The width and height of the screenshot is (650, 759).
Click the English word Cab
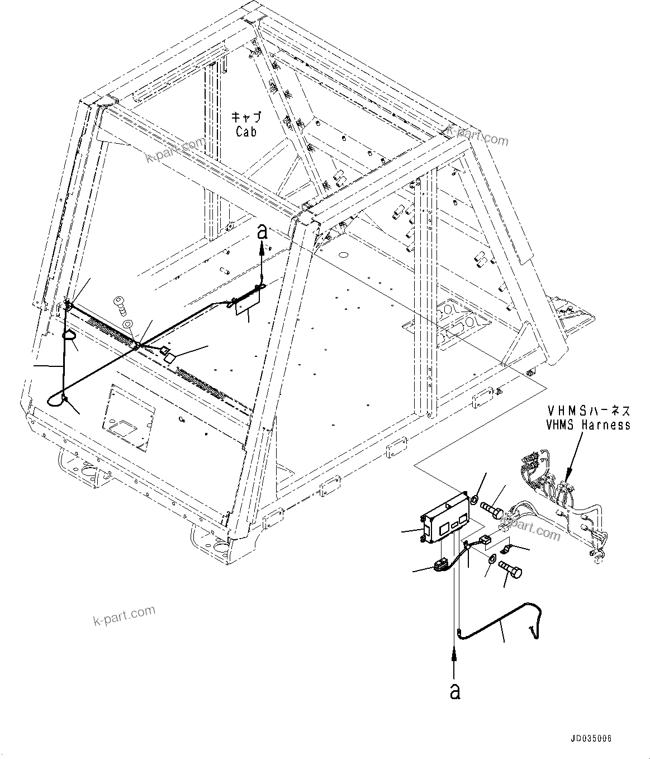pyautogui.click(x=246, y=132)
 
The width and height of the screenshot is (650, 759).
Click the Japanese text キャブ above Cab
pyautogui.click(x=246, y=118)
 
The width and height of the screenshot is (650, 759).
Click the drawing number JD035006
pyautogui.click(x=592, y=739)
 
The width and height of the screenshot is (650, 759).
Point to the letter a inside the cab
pyautogui.click(x=262, y=232)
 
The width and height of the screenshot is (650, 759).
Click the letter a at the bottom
pyautogui.click(x=456, y=691)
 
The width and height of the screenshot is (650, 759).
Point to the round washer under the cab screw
pyautogui.click(x=128, y=323)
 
